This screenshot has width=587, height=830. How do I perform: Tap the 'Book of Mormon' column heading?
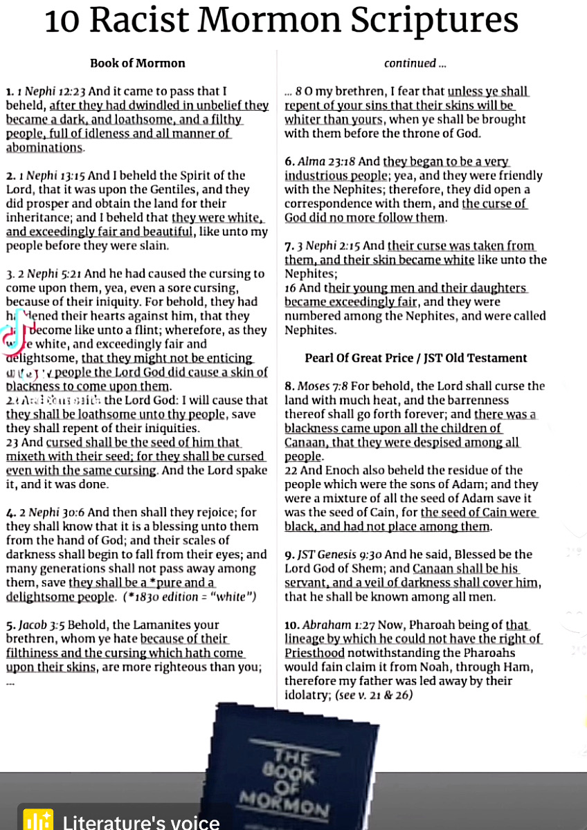click(x=137, y=63)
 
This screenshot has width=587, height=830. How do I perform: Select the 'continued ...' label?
click(x=415, y=63)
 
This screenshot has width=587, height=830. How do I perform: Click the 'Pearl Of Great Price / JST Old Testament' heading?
click(x=415, y=358)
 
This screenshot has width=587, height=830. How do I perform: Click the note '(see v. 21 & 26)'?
click(x=374, y=695)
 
